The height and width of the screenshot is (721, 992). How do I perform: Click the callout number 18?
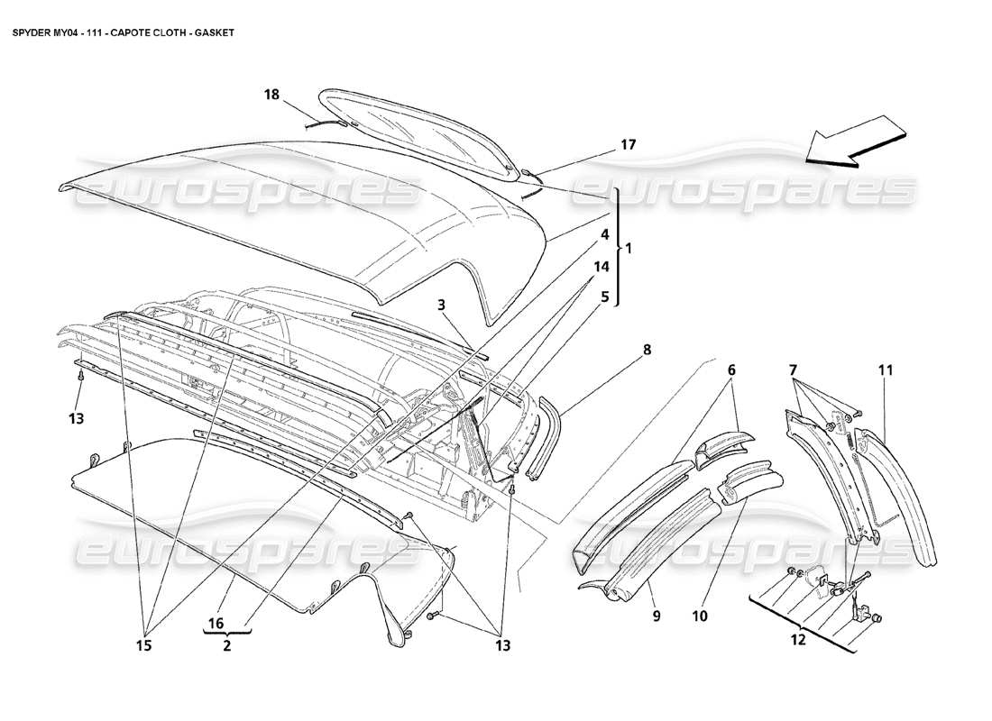click(272, 94)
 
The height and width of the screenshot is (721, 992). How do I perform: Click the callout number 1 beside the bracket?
click(629, 247)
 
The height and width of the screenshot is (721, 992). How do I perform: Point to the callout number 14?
click(602, 267)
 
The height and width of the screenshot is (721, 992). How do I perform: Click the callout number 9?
click(657, 616)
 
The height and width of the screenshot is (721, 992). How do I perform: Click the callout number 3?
click(442, 306)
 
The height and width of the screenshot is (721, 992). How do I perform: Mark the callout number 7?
click(794, 370)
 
